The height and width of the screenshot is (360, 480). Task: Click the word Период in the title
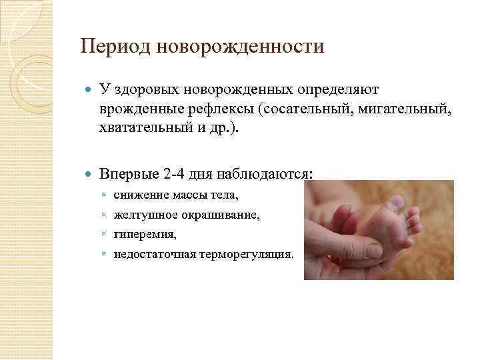111,47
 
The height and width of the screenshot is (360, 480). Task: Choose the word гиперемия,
145,235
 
